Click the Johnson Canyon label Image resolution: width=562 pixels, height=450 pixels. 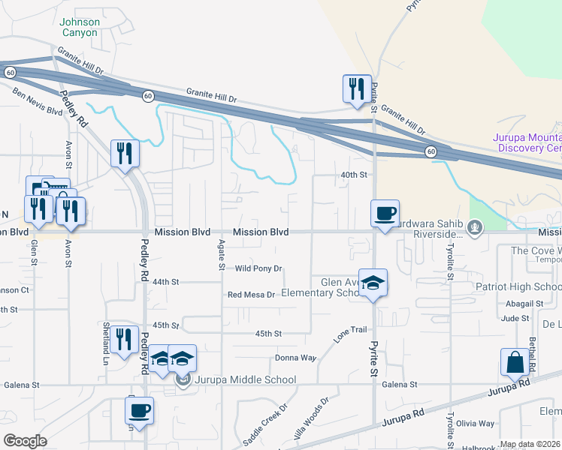tap(79, 28)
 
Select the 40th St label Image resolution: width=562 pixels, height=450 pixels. tap(354, 175)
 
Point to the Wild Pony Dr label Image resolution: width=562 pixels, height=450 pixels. tap(258, 268)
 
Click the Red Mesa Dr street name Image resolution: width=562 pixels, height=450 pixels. tap(252, 295)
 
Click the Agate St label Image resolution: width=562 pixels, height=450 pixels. tap(222, 255)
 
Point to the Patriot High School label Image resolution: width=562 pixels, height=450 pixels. tap(518, 287)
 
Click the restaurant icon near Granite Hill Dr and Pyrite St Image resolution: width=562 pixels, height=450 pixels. tap(355, 88)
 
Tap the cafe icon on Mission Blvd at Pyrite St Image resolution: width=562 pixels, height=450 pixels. tap(385, 213)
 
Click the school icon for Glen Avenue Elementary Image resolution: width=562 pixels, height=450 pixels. tap(373, 283)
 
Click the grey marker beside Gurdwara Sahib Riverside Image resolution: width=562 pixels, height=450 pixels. tap(474, 226)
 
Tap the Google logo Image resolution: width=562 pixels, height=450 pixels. tap(25, 441)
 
